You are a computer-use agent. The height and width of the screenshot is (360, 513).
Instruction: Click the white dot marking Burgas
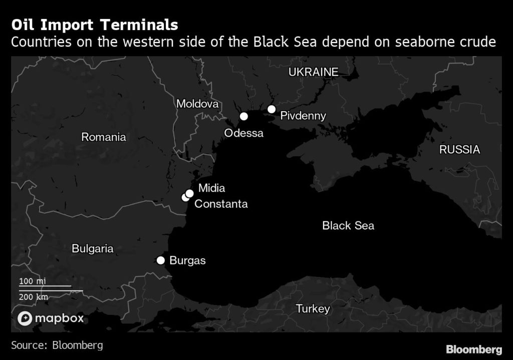tap(161, 260)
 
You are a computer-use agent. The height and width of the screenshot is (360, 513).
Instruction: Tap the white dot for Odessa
tap(244, 116)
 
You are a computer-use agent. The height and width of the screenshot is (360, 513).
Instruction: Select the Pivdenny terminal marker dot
tap(272, 109)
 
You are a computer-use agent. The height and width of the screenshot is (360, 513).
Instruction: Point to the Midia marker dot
tap(190, 193)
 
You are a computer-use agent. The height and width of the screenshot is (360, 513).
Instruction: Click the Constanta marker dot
tap(185, 198)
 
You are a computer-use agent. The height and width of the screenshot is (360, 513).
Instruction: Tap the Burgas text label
tap(188, 260)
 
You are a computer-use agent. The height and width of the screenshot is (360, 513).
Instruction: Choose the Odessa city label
tap(243, 133)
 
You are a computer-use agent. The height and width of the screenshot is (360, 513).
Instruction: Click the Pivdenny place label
tap(303, 116)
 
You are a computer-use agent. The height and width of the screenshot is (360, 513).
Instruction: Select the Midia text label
tap(211, 188)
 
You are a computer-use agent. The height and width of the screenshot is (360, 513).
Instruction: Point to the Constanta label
tap(221, 204)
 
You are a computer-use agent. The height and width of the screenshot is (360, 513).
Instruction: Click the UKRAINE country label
tap(313, 72)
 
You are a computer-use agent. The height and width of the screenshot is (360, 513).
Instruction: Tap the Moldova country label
tap(197, 104)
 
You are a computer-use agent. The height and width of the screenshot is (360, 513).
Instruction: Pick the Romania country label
tap(104, 137)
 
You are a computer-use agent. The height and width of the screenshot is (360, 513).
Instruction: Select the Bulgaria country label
tap(93, 248)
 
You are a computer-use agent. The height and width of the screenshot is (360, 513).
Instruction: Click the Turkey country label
tap(313, 308)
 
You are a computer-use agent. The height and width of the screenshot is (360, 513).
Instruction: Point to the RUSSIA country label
tap(459, 149)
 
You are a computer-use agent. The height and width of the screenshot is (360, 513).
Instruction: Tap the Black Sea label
tap(348, 225)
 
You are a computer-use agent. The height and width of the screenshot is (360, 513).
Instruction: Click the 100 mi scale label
tap(33, 281)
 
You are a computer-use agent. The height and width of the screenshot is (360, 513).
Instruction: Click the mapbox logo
tap(51, 318)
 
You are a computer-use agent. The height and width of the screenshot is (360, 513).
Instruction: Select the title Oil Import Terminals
tap(94, 25)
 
